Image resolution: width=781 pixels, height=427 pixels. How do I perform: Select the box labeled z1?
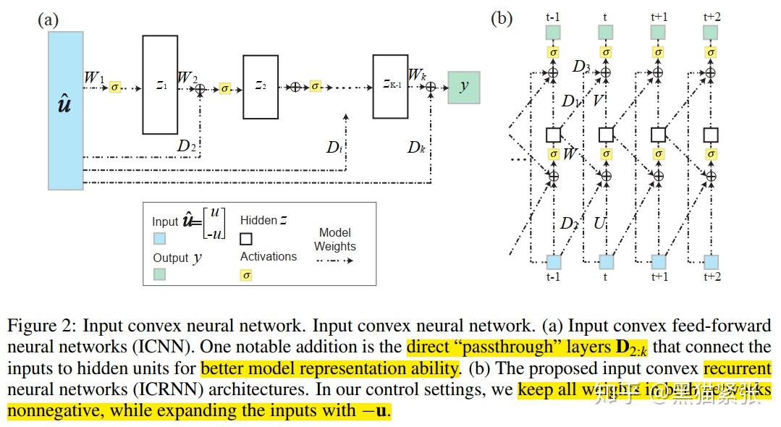pyautogui.click(x=160, y=85)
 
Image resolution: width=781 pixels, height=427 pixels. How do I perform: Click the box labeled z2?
pyautogui.click(x=260, y=86)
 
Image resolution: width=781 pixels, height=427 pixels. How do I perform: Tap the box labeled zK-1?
pyautogui.click(x=390, y=85)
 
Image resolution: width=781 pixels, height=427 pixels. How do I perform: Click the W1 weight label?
pyautogui.click(x=94, y=77)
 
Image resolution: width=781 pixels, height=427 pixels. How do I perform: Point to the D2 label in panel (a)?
pyautogui.click(x=187, y=146)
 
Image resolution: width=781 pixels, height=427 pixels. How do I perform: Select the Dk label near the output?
pyautogui.click(x=415, y=148)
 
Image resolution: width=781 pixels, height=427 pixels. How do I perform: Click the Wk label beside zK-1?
pyautogui.click(x=417, y=75)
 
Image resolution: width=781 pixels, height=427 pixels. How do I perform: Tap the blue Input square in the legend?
pyautogui.click(x=159, y=238)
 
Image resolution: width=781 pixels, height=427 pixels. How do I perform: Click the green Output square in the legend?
pyautogui.click(x=159, y=274)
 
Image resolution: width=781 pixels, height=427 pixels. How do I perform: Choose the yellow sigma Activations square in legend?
pyautogui.click(x=246, y=275)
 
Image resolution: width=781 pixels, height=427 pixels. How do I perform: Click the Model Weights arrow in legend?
pyautogui.click(x=334, y=260)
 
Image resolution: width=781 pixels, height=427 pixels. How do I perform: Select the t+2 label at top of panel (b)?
pyautogui.click(x=712, y=16)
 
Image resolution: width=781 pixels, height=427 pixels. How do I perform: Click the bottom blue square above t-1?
pyautogui.click(x=553, y=261)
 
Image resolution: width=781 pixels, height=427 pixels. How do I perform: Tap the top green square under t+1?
pyautogui.click(x=658, y=33)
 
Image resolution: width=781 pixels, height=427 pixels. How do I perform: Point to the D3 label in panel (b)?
pyautogui.click(x=581, y=67)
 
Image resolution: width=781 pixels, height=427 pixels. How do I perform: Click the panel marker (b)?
pyautogui.click(x=502, y=18)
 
